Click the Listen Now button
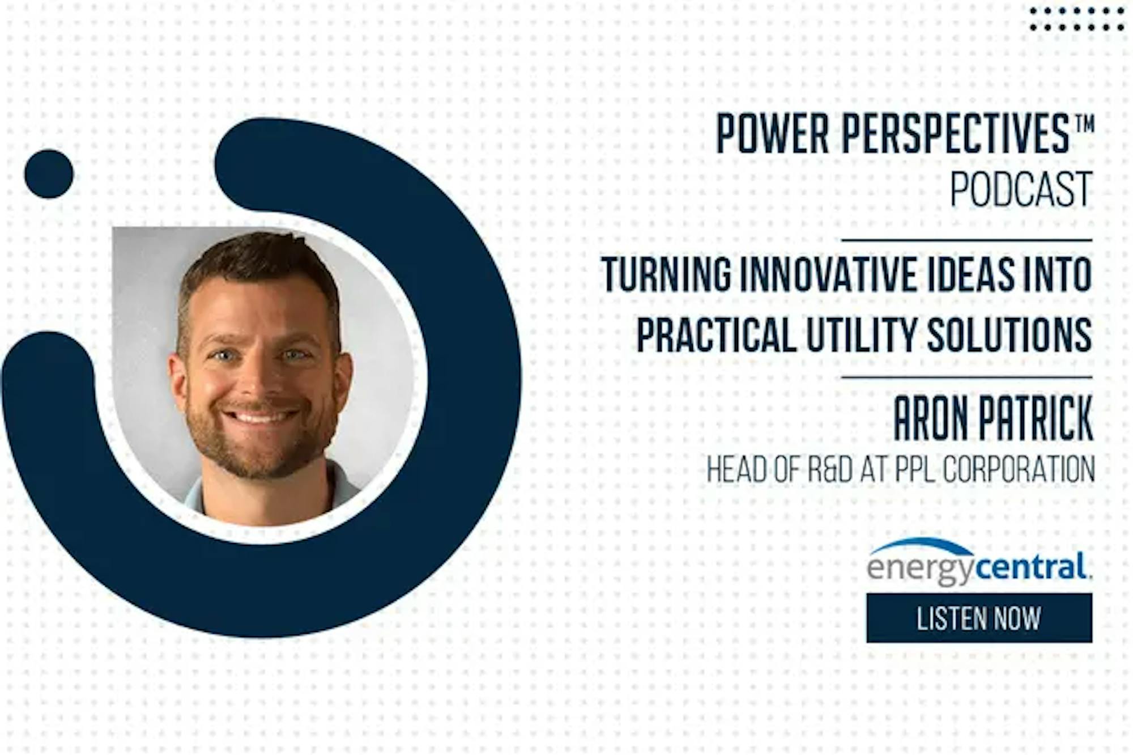979,618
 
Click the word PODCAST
1021,189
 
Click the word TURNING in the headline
666,275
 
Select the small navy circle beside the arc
49,174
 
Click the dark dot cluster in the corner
1077,19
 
